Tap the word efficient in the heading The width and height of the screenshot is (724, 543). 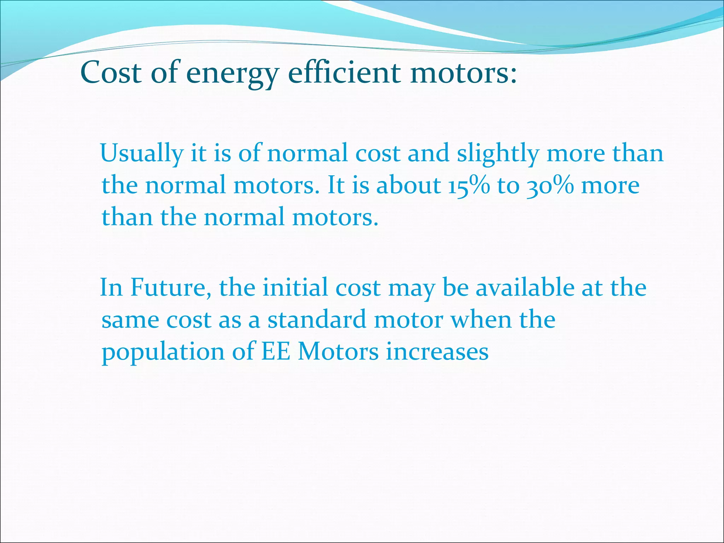(344, 72)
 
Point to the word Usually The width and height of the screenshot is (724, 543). (141, 153)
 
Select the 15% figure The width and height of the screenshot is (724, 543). (469, 185)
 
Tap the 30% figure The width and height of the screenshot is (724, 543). (550, 185)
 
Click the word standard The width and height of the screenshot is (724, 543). (316, 320)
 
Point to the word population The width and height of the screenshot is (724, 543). (163, 352)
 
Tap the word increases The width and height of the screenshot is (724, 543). (437, 351)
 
